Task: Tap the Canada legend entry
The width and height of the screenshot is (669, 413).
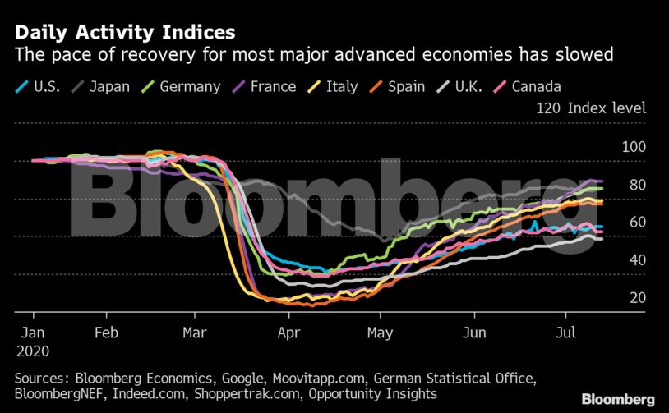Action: tap(535, 86)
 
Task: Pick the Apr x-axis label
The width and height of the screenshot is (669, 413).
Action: tap(287, 333)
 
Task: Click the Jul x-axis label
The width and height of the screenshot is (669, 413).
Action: tap(565, 333)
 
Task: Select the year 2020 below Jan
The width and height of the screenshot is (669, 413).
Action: tap(33, 351)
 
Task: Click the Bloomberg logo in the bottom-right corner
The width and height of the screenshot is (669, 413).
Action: tap(619, 399)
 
